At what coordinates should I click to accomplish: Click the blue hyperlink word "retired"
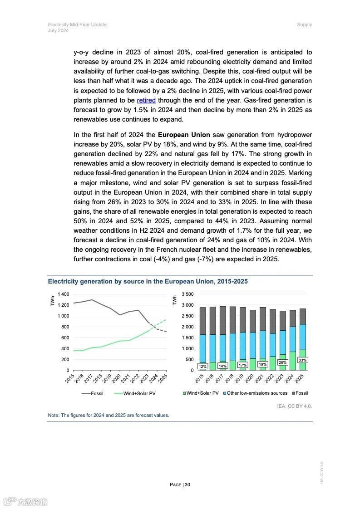146,100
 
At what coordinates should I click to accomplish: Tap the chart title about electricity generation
148,281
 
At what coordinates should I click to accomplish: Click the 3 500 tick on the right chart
187,294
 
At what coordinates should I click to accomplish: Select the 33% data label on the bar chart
302,360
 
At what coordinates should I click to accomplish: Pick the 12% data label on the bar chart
202,366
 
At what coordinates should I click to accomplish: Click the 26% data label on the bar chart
282,362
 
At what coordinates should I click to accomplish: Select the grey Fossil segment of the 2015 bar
202,321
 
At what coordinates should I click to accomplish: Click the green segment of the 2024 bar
292,361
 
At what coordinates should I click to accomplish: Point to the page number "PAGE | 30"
180,485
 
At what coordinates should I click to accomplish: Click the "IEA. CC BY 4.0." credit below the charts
294,406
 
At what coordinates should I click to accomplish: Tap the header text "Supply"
304,24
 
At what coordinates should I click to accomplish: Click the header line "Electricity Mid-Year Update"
77,24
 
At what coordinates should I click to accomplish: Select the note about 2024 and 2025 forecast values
108,415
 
